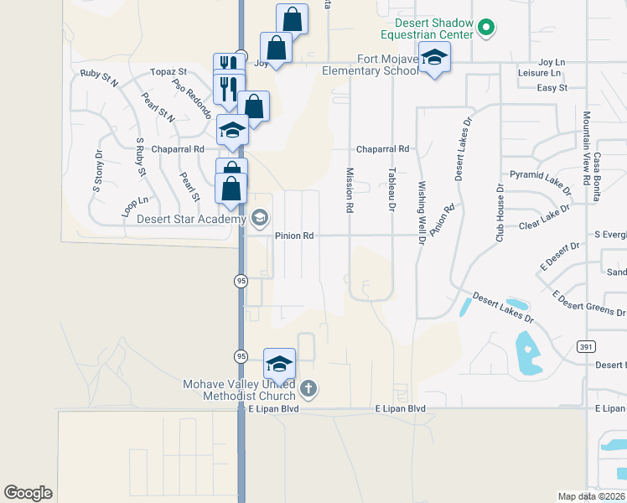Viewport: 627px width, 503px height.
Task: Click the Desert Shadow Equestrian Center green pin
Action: tap(485, 29)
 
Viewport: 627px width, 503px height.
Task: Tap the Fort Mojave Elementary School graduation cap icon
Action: tap(434, 58)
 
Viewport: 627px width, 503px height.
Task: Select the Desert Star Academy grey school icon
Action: tap(259, 220)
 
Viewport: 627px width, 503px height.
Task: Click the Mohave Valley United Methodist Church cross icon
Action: tap(308, 388)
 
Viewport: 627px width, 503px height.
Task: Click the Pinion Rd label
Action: tap(294, 236)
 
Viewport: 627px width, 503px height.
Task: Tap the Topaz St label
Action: tap(168, 73)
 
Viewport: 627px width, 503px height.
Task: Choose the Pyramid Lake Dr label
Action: tap(540, 178)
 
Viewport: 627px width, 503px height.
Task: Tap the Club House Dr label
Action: tap(499, 220)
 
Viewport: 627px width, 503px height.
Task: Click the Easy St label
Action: tap(552, 87)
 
